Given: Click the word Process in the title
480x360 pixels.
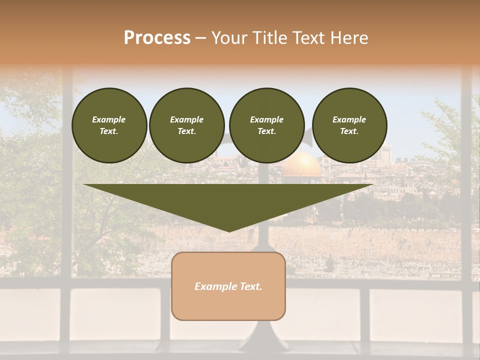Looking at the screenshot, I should point(157,38).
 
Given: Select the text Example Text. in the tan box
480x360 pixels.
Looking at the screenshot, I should point(228,286).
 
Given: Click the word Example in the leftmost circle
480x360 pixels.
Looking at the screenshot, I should point(109,119).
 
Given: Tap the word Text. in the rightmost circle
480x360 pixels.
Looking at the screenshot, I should point(349,131).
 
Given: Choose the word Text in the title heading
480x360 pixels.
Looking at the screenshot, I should point(306,38).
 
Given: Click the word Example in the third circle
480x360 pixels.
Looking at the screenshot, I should point(266,119).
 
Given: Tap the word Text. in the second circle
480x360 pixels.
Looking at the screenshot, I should point(186,131).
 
